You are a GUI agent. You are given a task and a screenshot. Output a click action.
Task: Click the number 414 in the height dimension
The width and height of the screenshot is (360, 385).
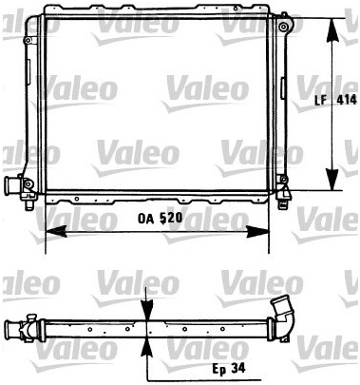click(x=347, y=100)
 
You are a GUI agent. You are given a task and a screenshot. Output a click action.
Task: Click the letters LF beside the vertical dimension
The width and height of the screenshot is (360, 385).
click(x=320, y=101)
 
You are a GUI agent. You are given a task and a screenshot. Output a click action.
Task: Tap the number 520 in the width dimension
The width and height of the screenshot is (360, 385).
click(x=171, y=218)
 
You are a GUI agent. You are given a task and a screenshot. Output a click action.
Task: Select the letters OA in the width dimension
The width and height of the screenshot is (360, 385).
click(x=145, y=219)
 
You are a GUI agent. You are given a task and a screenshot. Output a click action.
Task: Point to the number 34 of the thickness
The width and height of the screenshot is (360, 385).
click(x=238, y=368)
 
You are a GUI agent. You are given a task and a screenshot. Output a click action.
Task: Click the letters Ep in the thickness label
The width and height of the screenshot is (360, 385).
click(x=218, y=369)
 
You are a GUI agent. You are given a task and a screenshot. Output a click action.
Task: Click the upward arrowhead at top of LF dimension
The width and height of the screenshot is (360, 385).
click(x=332, y=30)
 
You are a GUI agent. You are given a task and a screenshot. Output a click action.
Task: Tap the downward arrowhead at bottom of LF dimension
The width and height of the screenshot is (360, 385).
click(x=332, y=180)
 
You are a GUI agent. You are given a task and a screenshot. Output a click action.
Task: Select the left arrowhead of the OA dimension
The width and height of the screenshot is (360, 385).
click(x=56, y=231)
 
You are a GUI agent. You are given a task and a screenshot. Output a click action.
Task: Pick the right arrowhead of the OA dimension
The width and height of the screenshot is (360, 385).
click(x=258, y=231)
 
